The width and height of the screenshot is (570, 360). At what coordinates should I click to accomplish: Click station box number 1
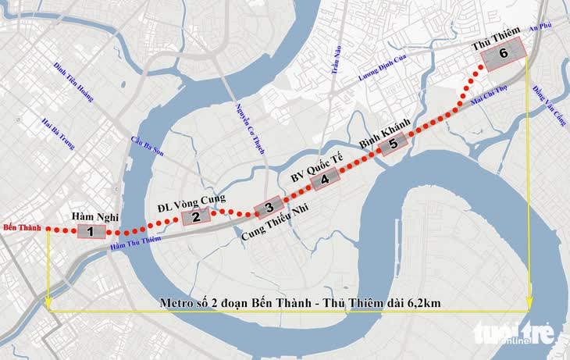(x=91, y=232)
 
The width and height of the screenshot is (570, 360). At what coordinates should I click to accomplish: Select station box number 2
(x=196, y=218)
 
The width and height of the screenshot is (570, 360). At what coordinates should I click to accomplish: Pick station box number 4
(x=325, y=179)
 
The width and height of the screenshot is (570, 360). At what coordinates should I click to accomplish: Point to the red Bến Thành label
(x=20, y=228)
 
